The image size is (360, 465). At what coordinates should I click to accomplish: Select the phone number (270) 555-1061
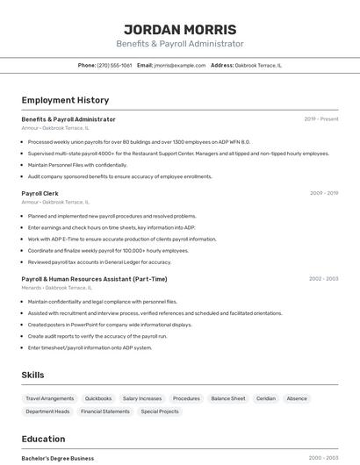click(x=114, y=65)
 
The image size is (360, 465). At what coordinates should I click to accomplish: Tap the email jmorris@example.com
click(x=180, y=65)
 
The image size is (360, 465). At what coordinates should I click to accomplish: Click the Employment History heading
click(x=65, y=100)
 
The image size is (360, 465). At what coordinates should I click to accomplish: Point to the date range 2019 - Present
click(x=321, y=119)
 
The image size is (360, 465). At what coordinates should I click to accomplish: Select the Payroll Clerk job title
click(x=40, y=193)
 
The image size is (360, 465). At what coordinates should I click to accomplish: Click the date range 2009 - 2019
click(x=324, y=193)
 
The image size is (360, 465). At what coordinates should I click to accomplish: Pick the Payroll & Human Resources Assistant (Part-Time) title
click(x=94, y=279)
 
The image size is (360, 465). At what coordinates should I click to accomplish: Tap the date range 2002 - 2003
click(x=323, y=279)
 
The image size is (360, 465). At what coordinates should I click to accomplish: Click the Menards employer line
click(x=56, y=288)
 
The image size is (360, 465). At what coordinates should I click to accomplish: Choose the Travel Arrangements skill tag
click(x=50, y=398)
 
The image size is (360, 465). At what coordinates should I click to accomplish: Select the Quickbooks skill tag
click(x=98, y=398)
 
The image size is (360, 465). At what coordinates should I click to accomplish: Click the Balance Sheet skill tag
click(x=228, y=398)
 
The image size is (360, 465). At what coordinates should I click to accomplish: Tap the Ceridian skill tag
click(x=266, y=398)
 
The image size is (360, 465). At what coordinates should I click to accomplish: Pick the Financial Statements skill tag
click(x=105, y=411)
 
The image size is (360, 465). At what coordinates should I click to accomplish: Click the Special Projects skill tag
click(x=160, y=411)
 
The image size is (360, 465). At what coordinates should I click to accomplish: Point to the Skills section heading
click(x=32, y=375)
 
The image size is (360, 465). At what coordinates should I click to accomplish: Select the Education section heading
click(x=43, y=438)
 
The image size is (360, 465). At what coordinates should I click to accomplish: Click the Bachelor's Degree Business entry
click(x=58, y=458)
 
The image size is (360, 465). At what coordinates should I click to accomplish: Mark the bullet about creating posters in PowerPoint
click(x=110, y=325)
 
